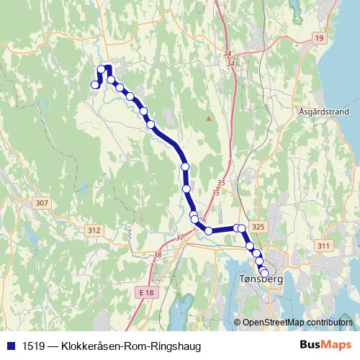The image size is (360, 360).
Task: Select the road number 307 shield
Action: [x=41, y=204]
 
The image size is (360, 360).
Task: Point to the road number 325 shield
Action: [x=259, y=227]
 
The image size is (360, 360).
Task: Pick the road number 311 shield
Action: [x=323, y=246]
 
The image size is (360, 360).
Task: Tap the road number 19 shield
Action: [x=319, y=37]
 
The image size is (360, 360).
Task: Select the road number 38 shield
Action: [x=157, y=254]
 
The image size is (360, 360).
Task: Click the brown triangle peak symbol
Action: [x=209, y=118]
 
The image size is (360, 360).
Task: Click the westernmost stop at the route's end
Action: [x=94, y=85]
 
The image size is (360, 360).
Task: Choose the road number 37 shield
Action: [x=180, y=237]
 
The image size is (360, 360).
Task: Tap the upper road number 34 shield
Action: [x=229, y=55]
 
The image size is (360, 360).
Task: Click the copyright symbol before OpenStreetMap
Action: [x=238, y=322]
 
